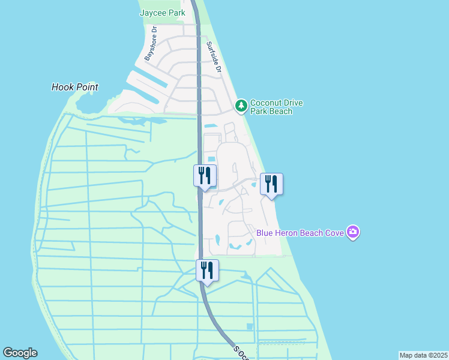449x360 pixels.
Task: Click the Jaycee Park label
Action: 162,12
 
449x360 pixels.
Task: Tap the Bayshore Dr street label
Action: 150,43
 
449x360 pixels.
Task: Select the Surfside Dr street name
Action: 214,58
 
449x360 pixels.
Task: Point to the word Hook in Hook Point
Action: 62,87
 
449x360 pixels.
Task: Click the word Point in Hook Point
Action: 86,87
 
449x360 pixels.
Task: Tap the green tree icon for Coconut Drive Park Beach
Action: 241,106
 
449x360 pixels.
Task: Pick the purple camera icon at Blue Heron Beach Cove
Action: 353,232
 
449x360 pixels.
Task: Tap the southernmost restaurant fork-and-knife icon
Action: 207,270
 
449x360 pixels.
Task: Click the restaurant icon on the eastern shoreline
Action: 271,184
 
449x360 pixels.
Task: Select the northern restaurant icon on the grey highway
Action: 205,175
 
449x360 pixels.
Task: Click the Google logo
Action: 20,353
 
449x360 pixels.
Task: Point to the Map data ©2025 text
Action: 423,355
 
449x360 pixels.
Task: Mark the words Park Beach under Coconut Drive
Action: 271,111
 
